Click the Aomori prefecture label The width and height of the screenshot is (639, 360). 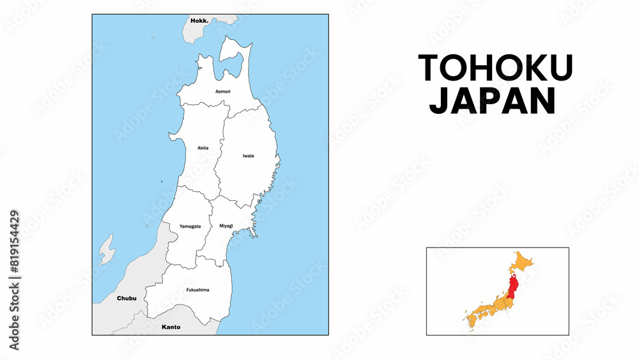pos(223,91)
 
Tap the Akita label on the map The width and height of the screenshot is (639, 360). pos(203,148)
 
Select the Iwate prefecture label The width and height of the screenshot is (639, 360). pos(249,155)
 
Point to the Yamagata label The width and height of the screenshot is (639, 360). pos(190,226)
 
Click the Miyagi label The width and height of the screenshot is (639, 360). pos(226,226)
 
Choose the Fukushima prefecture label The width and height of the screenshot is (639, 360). pos(197,290)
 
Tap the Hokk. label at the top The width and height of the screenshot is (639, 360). pos(200,20)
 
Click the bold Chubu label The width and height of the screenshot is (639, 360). pos(127,298)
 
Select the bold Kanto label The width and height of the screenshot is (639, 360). pos(171,327)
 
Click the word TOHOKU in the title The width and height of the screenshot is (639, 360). pos(495,68)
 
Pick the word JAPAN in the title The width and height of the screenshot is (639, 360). pos(493,101)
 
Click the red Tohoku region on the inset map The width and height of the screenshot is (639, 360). pos(514,285)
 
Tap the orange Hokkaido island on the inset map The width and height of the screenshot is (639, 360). pos(523,262)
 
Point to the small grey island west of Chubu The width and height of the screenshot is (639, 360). pos(106,250)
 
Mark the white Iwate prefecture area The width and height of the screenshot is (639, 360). pos(246,173)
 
